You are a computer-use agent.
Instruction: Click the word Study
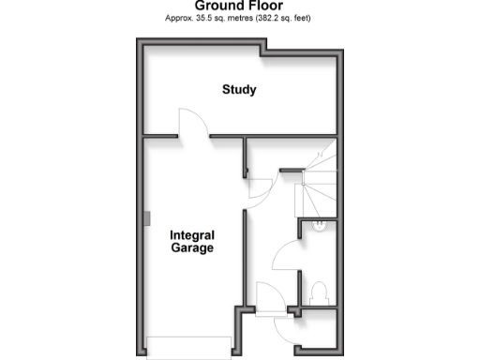(239, 90)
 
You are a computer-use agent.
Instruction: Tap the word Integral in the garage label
(192, 235)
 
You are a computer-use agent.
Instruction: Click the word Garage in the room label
(192, 248)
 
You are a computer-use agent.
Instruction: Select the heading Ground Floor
(239, 6)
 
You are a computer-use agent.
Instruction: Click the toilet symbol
(319, 291)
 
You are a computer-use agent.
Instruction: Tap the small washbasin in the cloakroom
(319, 225)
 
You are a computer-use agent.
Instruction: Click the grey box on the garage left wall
(147, 217)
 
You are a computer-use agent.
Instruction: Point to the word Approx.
(178, 18)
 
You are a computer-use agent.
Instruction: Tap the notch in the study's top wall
(267, 47)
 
